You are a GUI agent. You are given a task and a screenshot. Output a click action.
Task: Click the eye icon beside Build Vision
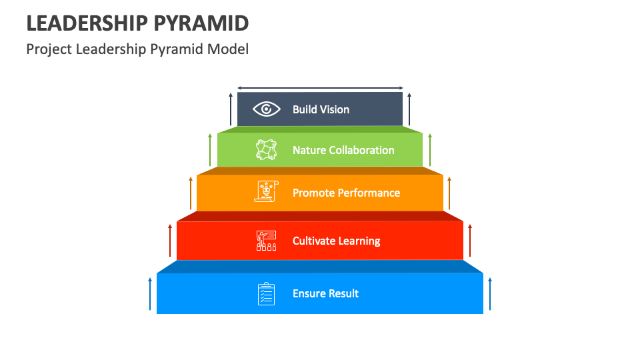point(267,109)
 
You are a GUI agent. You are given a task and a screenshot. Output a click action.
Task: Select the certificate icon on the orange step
point(267,191)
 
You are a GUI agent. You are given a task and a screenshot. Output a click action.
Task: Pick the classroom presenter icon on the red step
point(267,241)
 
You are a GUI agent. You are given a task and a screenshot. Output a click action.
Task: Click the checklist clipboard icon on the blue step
point(267,293)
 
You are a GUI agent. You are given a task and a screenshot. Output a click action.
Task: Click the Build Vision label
point(321,109)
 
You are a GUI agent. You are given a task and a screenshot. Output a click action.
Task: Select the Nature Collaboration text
point(343,150)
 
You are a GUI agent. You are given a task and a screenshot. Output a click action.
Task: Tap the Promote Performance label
point(346,193)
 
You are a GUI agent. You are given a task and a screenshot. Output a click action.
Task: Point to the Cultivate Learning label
point(336,241)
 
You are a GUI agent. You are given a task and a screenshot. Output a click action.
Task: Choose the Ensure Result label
point(325,293)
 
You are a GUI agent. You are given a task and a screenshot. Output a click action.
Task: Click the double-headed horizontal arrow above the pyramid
point(320,88)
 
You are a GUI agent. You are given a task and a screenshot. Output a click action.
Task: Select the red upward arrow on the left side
point(170,241)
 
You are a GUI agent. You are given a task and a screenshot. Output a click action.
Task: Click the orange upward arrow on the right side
point(450,193)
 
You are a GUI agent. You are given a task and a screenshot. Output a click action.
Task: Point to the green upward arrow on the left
point(210,149)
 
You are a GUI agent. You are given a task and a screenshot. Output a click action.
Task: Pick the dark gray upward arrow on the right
point(409,109)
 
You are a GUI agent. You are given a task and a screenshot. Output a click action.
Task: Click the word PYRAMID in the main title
point(201,23)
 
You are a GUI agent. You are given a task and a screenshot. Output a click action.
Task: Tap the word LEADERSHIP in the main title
point(87,23)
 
